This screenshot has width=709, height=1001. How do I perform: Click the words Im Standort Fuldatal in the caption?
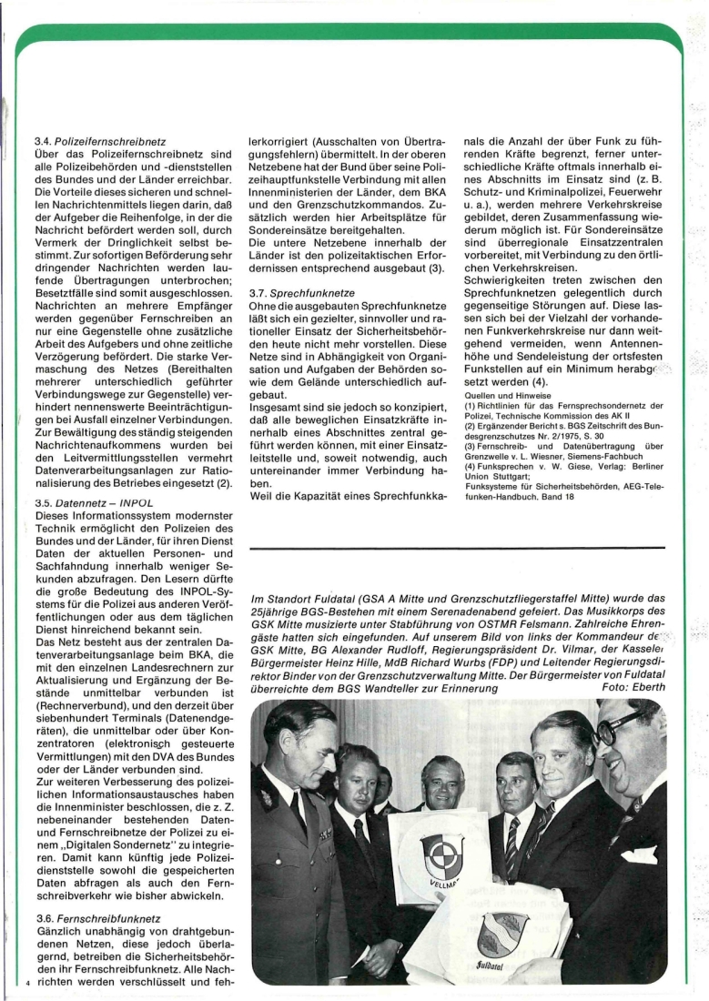(301, 601)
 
